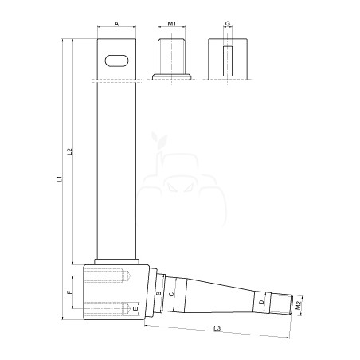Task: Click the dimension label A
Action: point(116,24)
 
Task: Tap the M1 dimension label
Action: point(172,24)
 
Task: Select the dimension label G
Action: point(228,24)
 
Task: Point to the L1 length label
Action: point(61,178)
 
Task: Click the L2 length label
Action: point(69,151)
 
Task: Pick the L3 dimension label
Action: point(217,328)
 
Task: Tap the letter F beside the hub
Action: point(69,292)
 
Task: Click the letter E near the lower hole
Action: point(135,309)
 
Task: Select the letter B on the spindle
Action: point(158,293)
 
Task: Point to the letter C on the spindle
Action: point(171,294)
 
